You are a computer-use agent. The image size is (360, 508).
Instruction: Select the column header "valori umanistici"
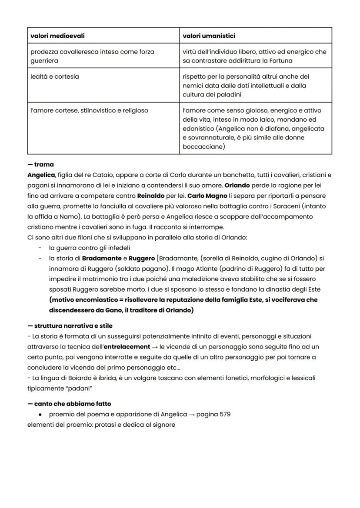[x=209, y=36]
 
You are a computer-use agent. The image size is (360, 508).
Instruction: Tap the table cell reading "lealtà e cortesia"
[x=54, y=76]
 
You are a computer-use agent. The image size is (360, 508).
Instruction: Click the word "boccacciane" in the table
[x=203, y=146]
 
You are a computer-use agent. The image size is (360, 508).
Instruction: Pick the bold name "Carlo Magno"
[x=207, y=196]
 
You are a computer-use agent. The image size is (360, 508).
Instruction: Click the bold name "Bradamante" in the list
[x=102, y=259]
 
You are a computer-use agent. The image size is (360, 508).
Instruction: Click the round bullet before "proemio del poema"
[x=40, y=414]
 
